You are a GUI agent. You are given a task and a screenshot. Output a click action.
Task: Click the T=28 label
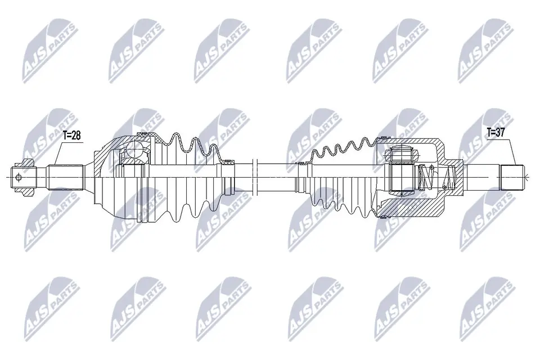pos(72,135)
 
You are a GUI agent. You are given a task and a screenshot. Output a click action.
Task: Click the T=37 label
pos(497,133)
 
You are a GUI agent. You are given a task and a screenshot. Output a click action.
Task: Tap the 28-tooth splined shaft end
pos(66,177)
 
